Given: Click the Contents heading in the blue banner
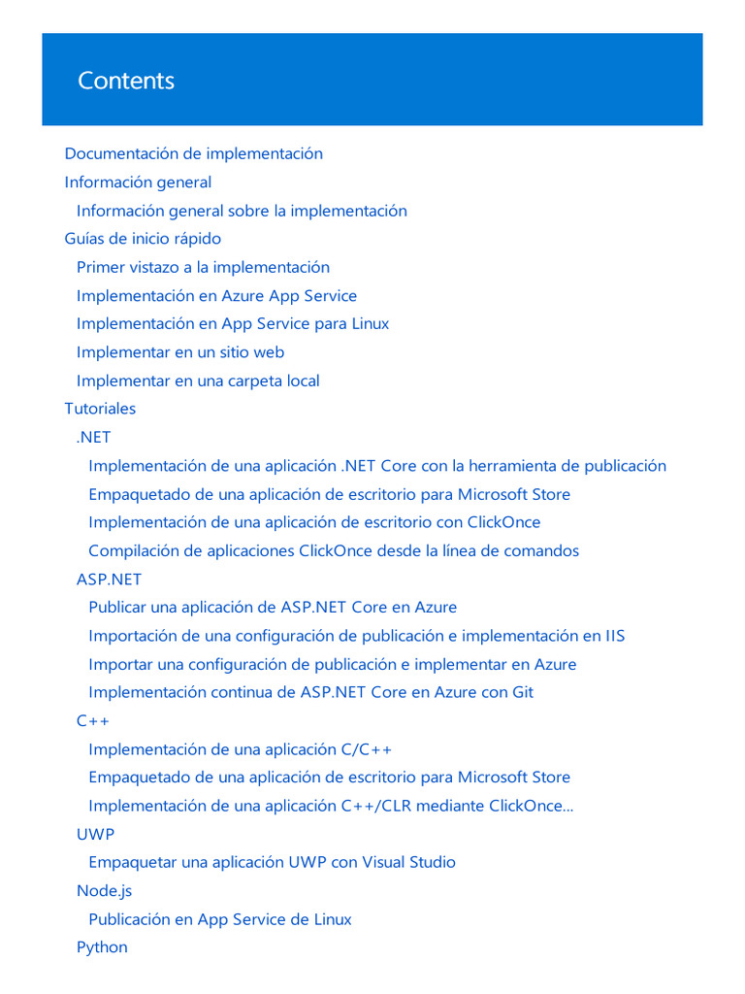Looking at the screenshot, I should (126, 81).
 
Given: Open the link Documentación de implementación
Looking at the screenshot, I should (193, 153).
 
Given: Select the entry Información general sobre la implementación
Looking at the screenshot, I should (242, 211).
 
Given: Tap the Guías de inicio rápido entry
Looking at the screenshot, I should (143, 239).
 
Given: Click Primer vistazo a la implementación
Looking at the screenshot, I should (203, 267).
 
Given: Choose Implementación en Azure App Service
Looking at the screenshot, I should (216, 296).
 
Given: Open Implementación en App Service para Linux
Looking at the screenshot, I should (233, 324).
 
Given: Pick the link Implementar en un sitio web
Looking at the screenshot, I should (180, 352).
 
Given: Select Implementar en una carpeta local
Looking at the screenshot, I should (198, 381).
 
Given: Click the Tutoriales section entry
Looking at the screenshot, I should (100, 409).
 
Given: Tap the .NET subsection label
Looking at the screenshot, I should (93, 438).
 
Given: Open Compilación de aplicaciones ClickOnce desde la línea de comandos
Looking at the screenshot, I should (334, 551).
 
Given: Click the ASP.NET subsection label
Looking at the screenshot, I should (109, 580).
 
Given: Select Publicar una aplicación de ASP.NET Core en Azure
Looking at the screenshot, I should (273, 608).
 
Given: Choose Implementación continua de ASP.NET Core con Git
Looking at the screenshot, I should (310, 692).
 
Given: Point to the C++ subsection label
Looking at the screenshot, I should (93, 721).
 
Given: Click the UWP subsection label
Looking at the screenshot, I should (95, 834).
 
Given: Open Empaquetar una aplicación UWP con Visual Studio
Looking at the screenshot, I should (272, 862).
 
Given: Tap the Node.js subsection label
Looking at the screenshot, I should (104, 890).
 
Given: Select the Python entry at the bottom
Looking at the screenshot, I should (102, 947).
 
